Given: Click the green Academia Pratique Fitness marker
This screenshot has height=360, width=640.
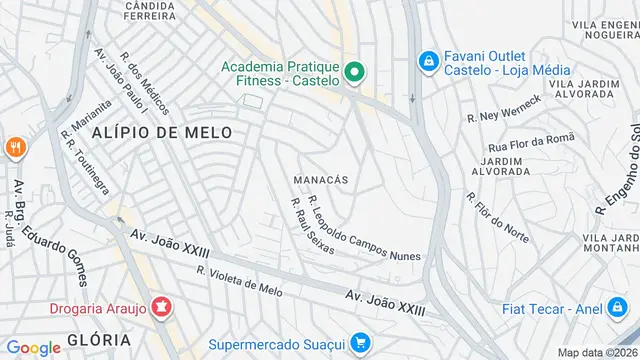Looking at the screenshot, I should pyautogui.click(x=353, y=72).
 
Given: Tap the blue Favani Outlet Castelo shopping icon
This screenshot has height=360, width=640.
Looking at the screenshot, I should pyautogui.click(x=428, y=61).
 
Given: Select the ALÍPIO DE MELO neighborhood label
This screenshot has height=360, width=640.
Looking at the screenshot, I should pyautogui.click(x=162, y=132).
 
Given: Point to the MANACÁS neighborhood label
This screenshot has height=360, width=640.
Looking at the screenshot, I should pyautogui.click(x=321, y=179).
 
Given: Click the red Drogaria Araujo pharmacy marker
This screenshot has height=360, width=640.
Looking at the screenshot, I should pyautogui.click(x=159, y=304).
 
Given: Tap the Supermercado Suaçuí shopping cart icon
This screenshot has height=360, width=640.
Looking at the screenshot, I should pyautogui.click(x=360, y=344).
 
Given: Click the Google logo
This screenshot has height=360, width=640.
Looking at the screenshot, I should pyautogui.click(x=33, y=347).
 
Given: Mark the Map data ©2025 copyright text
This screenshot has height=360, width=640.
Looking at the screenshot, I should pyautogui.click(x=597, y=352).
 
